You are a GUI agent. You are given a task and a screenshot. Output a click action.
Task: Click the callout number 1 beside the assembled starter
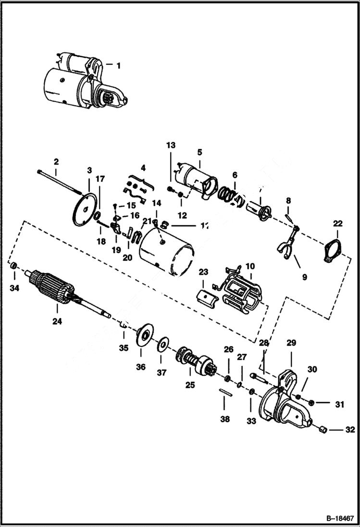coord(120,64)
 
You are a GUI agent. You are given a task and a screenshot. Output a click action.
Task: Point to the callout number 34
coord(15,288)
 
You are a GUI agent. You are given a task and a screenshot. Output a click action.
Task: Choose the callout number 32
coord(349,430)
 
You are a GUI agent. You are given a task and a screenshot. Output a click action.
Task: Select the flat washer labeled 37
coord(163,344)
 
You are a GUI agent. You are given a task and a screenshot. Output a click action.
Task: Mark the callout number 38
coord(225,419)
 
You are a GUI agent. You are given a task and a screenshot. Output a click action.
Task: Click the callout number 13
coord(172,145)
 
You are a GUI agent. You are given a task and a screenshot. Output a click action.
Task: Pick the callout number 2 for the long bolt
coord(56,161)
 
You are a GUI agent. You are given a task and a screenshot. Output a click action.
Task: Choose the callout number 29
coord(292,343)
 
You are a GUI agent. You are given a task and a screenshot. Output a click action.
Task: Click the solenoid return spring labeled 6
coord(228,194)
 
